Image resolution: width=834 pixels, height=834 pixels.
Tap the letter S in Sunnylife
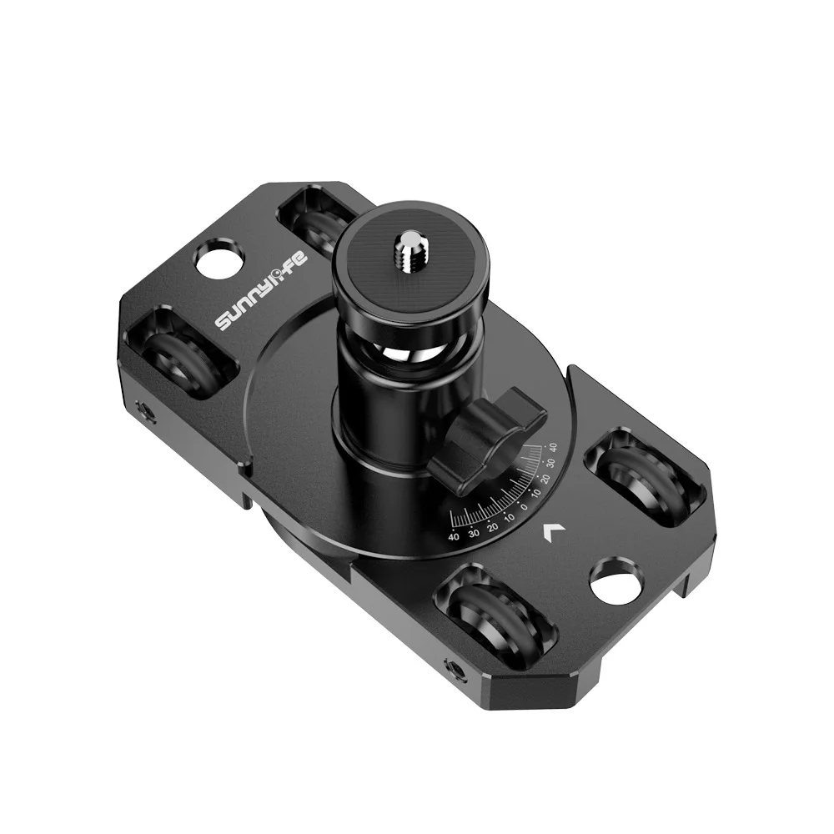point(224,324)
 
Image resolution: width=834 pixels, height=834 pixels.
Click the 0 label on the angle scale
point(524,506)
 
